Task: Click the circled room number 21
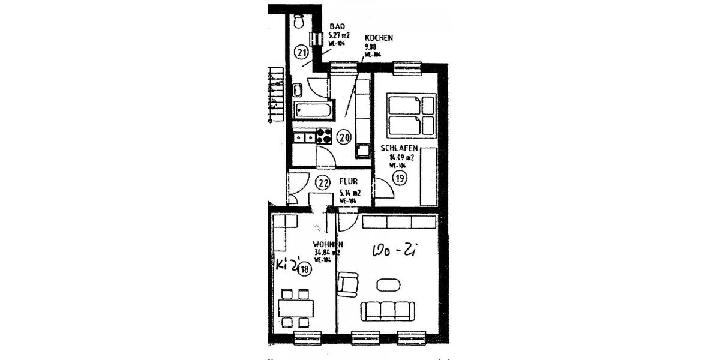pyautogui.click(x=301, y=53)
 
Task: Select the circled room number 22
pyautogui.click(x=323, y=182)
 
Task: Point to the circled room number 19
pyautogui.click(x=399, y=177)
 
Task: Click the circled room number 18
pyautogui.click(x=304, y=269)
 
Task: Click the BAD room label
pyautogui.click(x=337, y=27)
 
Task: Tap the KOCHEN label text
pyautogui.click(x=379, y=38)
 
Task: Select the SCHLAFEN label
pyautogui.click(x=399, y=148)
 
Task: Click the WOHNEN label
pyautogui.click(x=328, y=244)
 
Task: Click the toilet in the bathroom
pyautogui.click(x=299, y=22)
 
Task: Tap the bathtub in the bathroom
pyautogui.click(x=312, y=110)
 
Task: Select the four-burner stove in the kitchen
pyautogui.click(x=324, y=136)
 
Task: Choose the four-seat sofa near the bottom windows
pyautogui.click(x=388, y=310)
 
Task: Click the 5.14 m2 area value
pyautogui.click(x=350, y=193)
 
